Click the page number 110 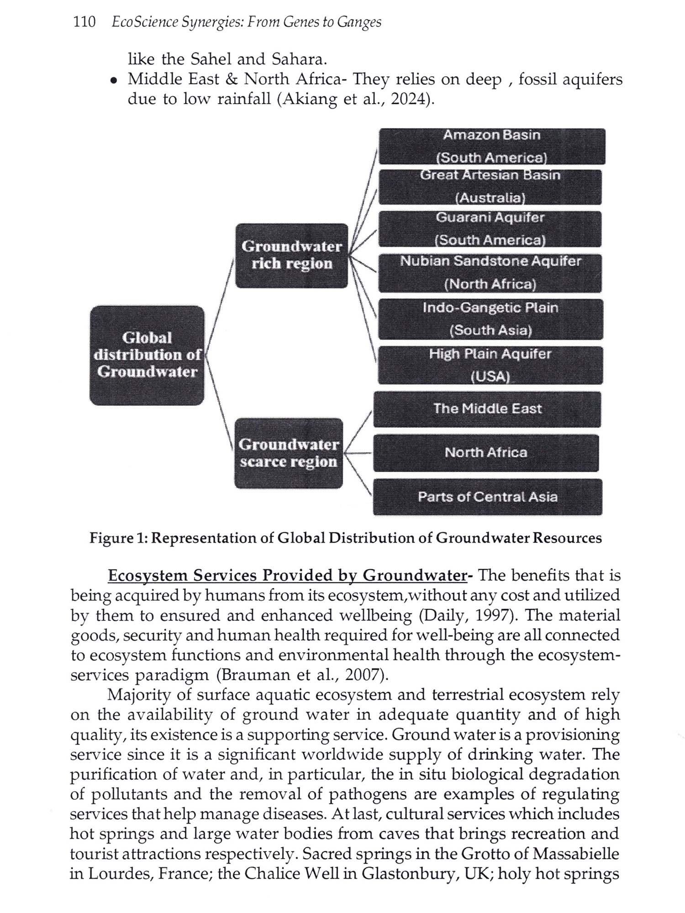[x=84, y=22]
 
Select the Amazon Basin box [x=492, y=146]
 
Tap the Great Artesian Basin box [x=490, y=187]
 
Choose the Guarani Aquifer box [x=490, y=229]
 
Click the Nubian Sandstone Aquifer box [x=490, y=273]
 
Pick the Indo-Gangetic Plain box [x=490, y=319]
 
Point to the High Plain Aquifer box [x=490, y=365]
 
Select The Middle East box [x=487, y=409]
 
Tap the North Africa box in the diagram [x=486, y=452]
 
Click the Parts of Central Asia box [x=487, y=497]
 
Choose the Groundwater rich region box [x=291, y=255]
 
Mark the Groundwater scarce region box [x=289, y=453]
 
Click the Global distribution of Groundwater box [x=147, y=355]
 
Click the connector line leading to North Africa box [x=358, y=453]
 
